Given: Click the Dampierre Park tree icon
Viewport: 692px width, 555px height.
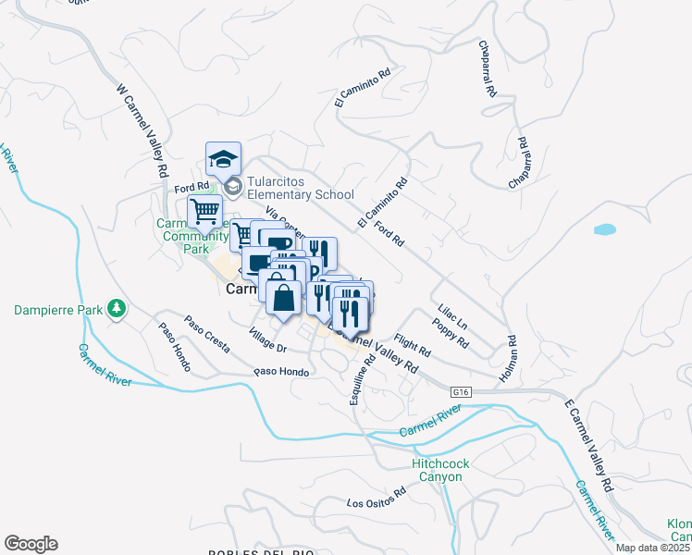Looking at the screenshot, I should click(x=117, y=307).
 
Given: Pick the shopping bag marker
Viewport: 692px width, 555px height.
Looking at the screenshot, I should click(x=283, y=298).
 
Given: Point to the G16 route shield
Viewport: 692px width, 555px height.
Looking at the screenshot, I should click(x=460, y=392).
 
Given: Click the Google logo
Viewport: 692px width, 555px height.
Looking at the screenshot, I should click(x=31, y=544).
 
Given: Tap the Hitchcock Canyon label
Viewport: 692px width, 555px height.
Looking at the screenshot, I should click(x=438, y=470).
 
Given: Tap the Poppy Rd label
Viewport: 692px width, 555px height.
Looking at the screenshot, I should click(x=451, y=333).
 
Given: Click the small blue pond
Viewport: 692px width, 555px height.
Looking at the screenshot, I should click(x=604, y=228).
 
